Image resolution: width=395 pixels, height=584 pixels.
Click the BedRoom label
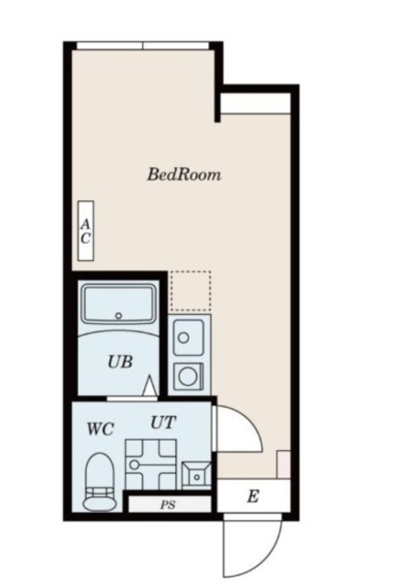[184, 174]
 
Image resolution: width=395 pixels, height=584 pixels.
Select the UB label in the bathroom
[120, 361]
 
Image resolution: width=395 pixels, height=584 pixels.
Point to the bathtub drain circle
[120, 317]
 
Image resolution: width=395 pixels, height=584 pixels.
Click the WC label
[100, 429]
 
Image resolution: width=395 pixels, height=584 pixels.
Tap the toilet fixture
[98, 484]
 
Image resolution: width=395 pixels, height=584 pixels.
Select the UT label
[163, 422]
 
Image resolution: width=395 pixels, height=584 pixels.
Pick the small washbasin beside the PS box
[196, 473]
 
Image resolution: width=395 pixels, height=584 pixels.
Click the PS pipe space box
[168, 503]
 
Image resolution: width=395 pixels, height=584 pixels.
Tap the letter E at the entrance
[253, 497]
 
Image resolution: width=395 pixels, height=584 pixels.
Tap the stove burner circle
[189, 375]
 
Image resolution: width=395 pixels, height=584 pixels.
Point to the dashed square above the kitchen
[190, 290]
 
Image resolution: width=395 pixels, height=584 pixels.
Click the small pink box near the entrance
[284, 464]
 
